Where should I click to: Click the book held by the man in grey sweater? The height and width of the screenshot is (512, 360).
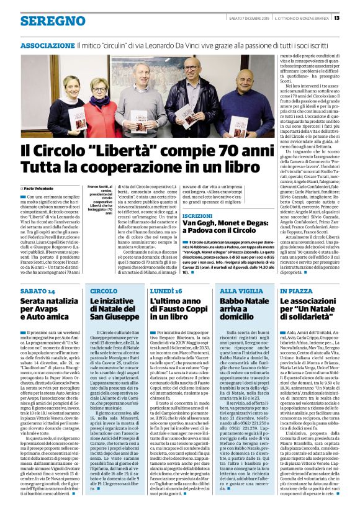point(139,118)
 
